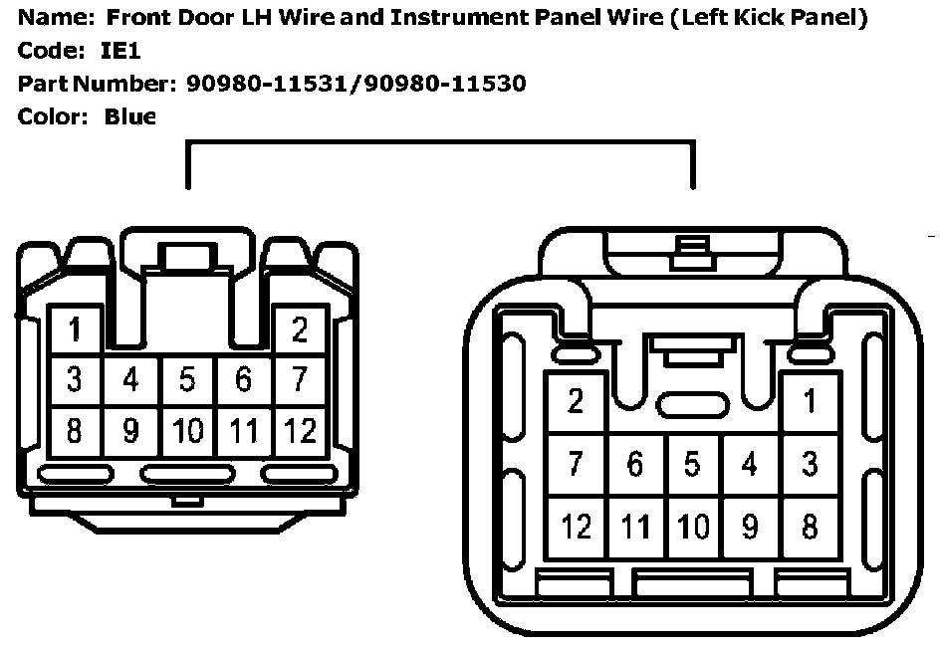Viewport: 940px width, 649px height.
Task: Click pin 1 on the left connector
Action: pyautogui.click(x=75, y=328)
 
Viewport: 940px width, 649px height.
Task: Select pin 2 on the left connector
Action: pyautogui.click(x=300, y=328)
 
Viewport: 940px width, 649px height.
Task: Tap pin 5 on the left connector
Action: pyautogui.click(x=187, y=379)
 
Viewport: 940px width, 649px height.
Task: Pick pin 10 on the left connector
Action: pyautogui.click(x=187, y=431)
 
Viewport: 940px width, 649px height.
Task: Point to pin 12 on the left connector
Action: pyautogui.click(x=300, y=431)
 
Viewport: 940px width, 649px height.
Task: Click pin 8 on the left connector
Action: pyautogui.click(x=75, y=431)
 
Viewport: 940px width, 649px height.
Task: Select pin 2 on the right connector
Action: pyautogui.click(x=576, y=401)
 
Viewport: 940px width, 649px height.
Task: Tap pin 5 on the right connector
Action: pyautogui.click(x=692, y=464)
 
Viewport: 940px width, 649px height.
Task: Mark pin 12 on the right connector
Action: pyautogui.click(x=576, y=526)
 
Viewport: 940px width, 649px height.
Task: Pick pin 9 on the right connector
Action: pyautogui.click(x=750, y=526)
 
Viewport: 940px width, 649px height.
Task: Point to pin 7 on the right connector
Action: pyautogui.click(x=576, y=464)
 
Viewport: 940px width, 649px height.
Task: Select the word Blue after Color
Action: pyautogui.click(x=129, y=116)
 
